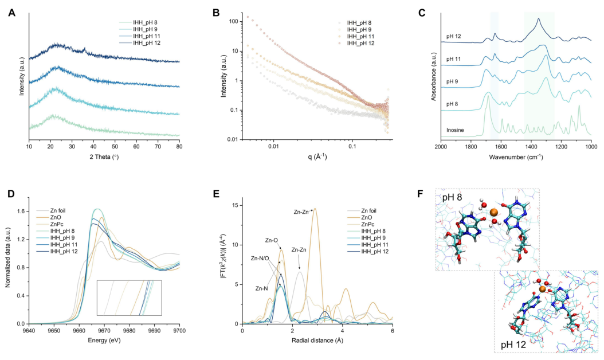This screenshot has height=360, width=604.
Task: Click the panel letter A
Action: pyautogui.click(x=12, y=13)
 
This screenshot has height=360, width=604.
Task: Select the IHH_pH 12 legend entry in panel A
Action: pyautogui.click(x=140, y=43)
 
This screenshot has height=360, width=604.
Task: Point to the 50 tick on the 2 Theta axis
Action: pyautogui.click(x=115, y=147)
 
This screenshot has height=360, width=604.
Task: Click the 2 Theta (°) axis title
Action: pyautogui.click(x=104, y=157)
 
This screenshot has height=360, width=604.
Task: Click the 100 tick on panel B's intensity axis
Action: pyautogui.click(x=232, y=22)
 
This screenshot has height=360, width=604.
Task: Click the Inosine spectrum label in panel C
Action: pyautogui.click(x=455, y=130)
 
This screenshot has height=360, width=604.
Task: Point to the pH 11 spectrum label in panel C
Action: pyautogui.click(x=453, y=59)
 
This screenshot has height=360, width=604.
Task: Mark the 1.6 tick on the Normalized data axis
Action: pyautogui.click(x=21, y=211)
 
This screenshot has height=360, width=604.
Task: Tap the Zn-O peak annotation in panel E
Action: pyautogui.click(x=271, y=240)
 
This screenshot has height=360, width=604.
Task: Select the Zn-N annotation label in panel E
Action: pyautogui.click(x=261, y=288)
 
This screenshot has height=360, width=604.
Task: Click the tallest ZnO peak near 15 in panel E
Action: pyautogui.click(x=315, y=209)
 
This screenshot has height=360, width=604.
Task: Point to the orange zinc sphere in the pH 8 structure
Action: pyautogui.click(x=494, y=212)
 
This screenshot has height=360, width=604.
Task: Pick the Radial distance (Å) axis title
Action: pyautogui.click(x=317, y=341)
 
